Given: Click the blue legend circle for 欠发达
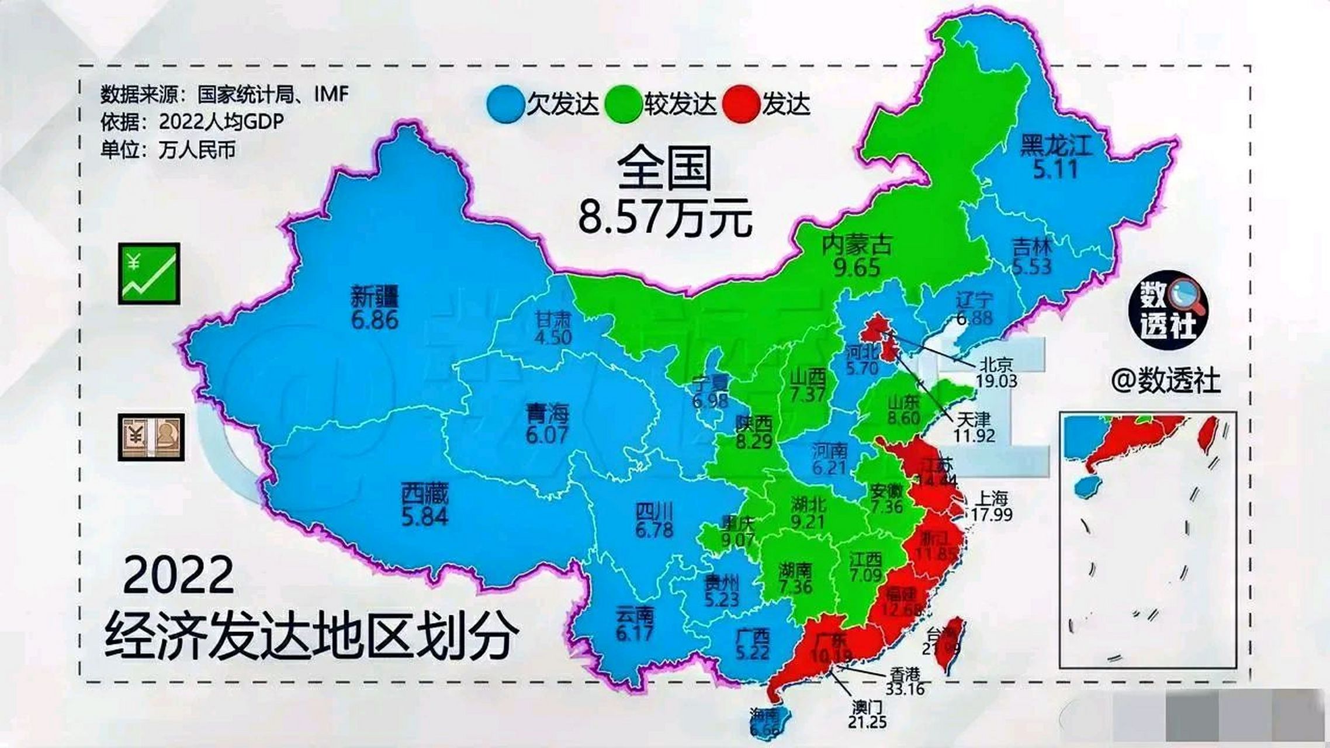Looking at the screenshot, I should click(505, 104).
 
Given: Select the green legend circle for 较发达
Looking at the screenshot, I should click(623, 104).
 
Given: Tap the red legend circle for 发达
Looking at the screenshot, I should click(741, 104).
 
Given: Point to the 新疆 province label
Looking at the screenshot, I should click(375, 297).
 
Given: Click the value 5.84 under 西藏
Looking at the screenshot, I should click(425, 517).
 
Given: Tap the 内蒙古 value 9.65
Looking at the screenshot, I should click(857, 268).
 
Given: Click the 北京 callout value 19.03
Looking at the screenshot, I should click(996, 381).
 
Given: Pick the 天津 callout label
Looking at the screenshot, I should click(974, 419).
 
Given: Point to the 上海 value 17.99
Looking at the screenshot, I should click(992, 514).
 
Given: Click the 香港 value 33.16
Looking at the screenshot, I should click(905, 689).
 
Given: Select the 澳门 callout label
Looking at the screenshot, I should click(867, 708).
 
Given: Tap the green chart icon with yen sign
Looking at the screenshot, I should click(148, 273).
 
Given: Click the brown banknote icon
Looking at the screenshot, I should click(151, 437).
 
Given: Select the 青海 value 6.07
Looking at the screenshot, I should click(547, 435).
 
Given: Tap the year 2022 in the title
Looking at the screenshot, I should click(178, 576).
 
